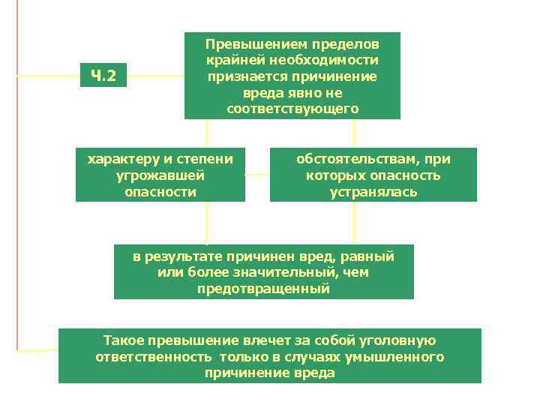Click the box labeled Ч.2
103,75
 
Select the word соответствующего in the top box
292,109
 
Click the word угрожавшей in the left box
160,175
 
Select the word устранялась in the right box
373,192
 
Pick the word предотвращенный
263,289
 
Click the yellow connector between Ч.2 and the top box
155,75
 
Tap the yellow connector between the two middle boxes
257,175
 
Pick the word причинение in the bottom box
240,373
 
